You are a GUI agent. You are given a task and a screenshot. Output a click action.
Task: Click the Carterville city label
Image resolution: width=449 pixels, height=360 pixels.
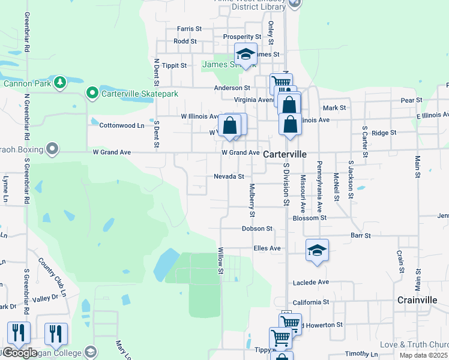pos(285,154)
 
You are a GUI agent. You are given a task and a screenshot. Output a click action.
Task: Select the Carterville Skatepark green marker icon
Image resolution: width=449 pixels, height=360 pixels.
pos(92,93)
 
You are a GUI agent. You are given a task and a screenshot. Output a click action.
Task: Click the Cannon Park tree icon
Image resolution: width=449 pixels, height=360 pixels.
pos(59,82)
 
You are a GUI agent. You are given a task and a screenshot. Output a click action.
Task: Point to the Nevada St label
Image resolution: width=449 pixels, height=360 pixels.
pos(229,176)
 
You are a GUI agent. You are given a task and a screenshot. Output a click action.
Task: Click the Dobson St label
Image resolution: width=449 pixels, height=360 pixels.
pos(257,229)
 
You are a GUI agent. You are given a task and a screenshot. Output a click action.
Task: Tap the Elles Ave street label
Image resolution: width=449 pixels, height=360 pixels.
pos(267,248)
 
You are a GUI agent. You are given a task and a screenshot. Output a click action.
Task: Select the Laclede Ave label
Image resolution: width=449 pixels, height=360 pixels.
pos(311,282)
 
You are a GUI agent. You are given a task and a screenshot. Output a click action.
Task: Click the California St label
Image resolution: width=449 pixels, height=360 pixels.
pos(310,302)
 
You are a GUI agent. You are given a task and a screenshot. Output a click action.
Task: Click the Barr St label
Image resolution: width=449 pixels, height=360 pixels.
pos(361,236)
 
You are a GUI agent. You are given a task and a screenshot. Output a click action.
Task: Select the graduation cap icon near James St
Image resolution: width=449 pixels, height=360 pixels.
pos(246,55)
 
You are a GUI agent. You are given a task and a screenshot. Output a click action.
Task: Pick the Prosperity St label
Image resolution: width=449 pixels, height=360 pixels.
pos(242,37)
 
